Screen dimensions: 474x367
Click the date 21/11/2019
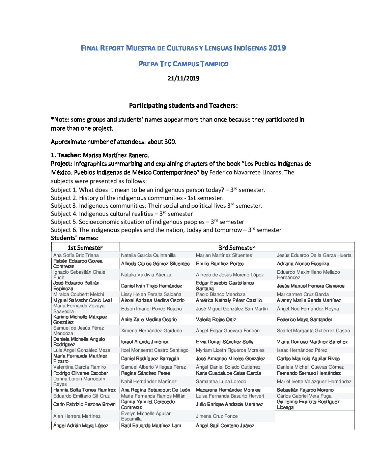[183, 78]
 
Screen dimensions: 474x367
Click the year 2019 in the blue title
[277, 48]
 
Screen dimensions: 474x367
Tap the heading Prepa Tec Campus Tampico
[183, 64]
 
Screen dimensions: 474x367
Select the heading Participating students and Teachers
[183, 106]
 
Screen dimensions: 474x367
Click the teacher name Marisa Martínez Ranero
[116, 155]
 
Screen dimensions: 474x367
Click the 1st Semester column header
[85, 248]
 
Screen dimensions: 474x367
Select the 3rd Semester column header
[236, 248]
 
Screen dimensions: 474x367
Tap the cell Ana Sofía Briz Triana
[76, 255]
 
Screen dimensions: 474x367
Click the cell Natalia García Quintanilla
[148, 255]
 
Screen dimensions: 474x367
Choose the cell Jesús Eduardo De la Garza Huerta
[314, 255]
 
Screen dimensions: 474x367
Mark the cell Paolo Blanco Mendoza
[221, 294]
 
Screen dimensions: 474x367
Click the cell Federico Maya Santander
[304, 319]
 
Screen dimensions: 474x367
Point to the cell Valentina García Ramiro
[80, 367]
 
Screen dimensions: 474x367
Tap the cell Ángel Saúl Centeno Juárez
[225, 426]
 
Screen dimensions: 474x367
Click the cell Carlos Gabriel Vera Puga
[304, 396]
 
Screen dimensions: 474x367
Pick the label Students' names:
[75, 238]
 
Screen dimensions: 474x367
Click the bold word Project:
[62, 164]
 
